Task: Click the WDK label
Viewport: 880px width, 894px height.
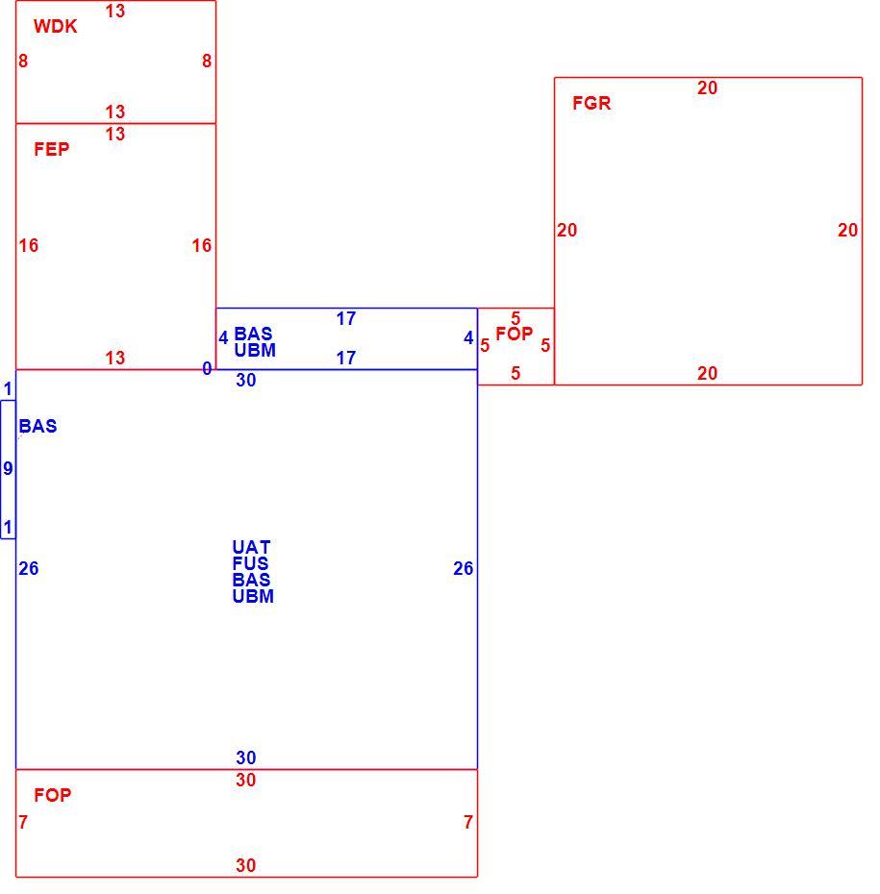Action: point(56,26)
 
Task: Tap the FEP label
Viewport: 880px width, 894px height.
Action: point(51,149)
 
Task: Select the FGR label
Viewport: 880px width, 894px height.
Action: point(591,103)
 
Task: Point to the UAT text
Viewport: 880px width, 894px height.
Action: point(251,547)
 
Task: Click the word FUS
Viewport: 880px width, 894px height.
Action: point(250,563)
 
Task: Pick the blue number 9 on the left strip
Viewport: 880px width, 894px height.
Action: point(8,469)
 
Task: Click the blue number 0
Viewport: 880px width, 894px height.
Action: point(207,369)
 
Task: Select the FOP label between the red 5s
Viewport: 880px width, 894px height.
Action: point(515,334)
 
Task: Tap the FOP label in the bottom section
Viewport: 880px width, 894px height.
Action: point(53,795)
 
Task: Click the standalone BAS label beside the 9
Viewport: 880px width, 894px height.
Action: point(38,427)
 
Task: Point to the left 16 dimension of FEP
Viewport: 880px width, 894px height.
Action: point(29,246)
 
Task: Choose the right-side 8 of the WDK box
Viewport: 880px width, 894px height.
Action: point(207,61)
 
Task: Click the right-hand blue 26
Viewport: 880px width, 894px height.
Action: point(464,568)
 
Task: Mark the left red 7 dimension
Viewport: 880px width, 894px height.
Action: point(23,822)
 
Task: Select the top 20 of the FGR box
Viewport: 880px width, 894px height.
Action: point(707,87)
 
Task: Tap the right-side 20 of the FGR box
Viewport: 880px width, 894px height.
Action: point(847,231)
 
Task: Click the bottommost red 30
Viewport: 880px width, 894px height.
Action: point(246,865)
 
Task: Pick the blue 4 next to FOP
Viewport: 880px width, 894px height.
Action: point(468,338)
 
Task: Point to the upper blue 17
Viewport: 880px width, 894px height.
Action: point(346,319)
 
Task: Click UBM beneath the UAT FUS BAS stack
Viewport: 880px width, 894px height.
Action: point(253,596)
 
